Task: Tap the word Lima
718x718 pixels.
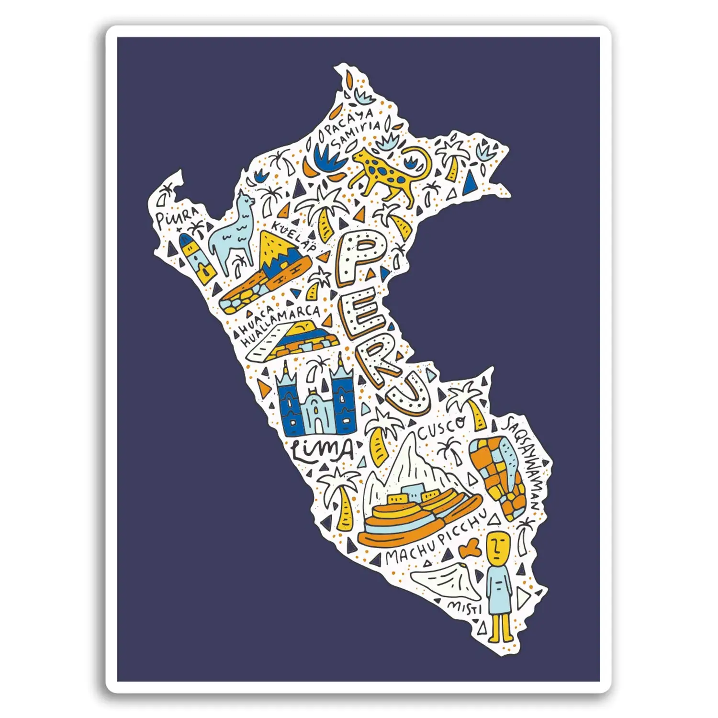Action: pos(322,450)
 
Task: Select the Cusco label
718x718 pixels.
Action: pos(441,428)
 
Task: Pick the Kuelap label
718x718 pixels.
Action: pos(294,236)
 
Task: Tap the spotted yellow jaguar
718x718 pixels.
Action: pos(388,172)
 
